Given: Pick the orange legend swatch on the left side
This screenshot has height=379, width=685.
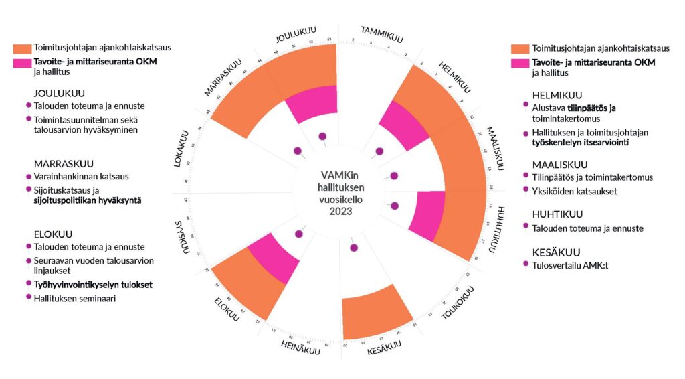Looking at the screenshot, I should (x=31, y=48).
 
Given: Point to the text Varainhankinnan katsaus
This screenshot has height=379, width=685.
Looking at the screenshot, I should (x=82, y=177).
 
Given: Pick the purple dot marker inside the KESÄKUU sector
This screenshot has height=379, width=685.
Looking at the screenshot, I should (x=353, y=247).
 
